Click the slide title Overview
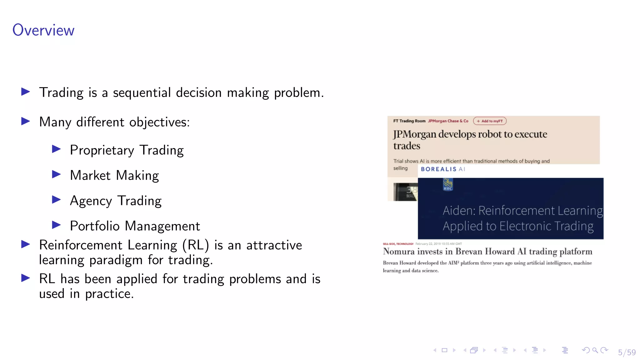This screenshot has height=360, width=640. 43,30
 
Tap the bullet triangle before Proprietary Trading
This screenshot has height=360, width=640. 56,149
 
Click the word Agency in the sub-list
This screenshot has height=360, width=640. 91,201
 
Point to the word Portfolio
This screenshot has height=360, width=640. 95,226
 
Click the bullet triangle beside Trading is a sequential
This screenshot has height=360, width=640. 26,92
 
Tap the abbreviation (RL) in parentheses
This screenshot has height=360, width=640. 196,245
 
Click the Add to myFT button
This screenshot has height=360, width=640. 490,121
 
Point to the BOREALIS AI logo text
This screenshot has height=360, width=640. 443,169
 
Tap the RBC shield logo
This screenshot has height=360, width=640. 448,184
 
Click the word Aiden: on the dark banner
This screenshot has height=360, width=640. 459,211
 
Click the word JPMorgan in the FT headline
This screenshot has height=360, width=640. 414,134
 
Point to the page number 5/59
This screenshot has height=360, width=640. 627,352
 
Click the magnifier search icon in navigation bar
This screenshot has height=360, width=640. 595,350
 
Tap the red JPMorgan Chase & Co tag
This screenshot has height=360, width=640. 448,121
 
